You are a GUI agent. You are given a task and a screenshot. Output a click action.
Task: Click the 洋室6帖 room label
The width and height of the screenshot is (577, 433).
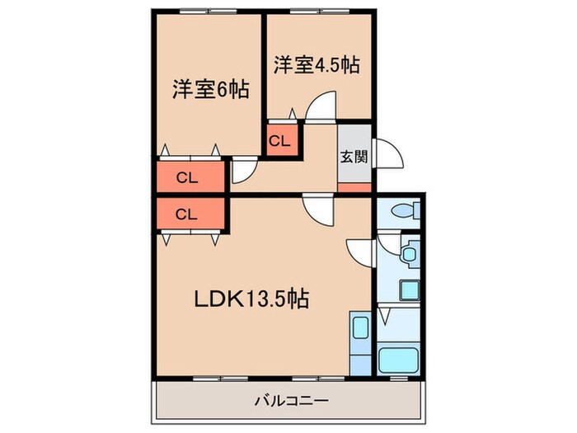[212, 88]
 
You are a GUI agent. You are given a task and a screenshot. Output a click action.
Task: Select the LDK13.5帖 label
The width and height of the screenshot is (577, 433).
[251, 299]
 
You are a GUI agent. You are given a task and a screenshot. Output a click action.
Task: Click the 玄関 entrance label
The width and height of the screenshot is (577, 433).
[354, 157]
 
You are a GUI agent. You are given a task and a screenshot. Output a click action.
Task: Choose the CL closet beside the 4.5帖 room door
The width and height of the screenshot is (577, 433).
[279, 140]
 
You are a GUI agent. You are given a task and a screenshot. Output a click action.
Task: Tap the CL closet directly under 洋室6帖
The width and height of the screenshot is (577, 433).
[188, 176]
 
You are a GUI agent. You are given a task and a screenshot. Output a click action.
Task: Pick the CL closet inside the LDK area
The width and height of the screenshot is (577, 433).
[188, 214]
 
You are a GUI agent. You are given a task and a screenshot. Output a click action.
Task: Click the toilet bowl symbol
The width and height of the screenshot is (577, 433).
[403, 211]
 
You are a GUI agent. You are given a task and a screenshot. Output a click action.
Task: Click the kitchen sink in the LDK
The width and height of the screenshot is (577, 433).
[359, 327]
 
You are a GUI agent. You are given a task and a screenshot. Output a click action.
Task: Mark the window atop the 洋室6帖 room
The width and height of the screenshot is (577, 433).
[209, 12]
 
